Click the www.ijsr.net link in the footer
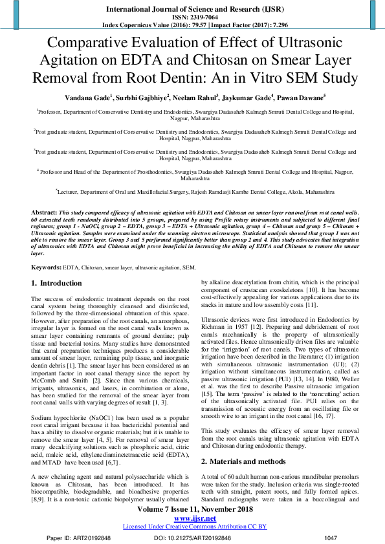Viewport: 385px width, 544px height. click(193, 518)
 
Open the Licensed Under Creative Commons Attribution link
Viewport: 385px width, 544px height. click(193, 527)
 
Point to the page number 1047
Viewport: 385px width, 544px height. click(330, 537)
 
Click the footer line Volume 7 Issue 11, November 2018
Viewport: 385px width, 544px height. click(193, 509)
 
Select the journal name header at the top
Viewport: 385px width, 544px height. click(193, 7)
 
